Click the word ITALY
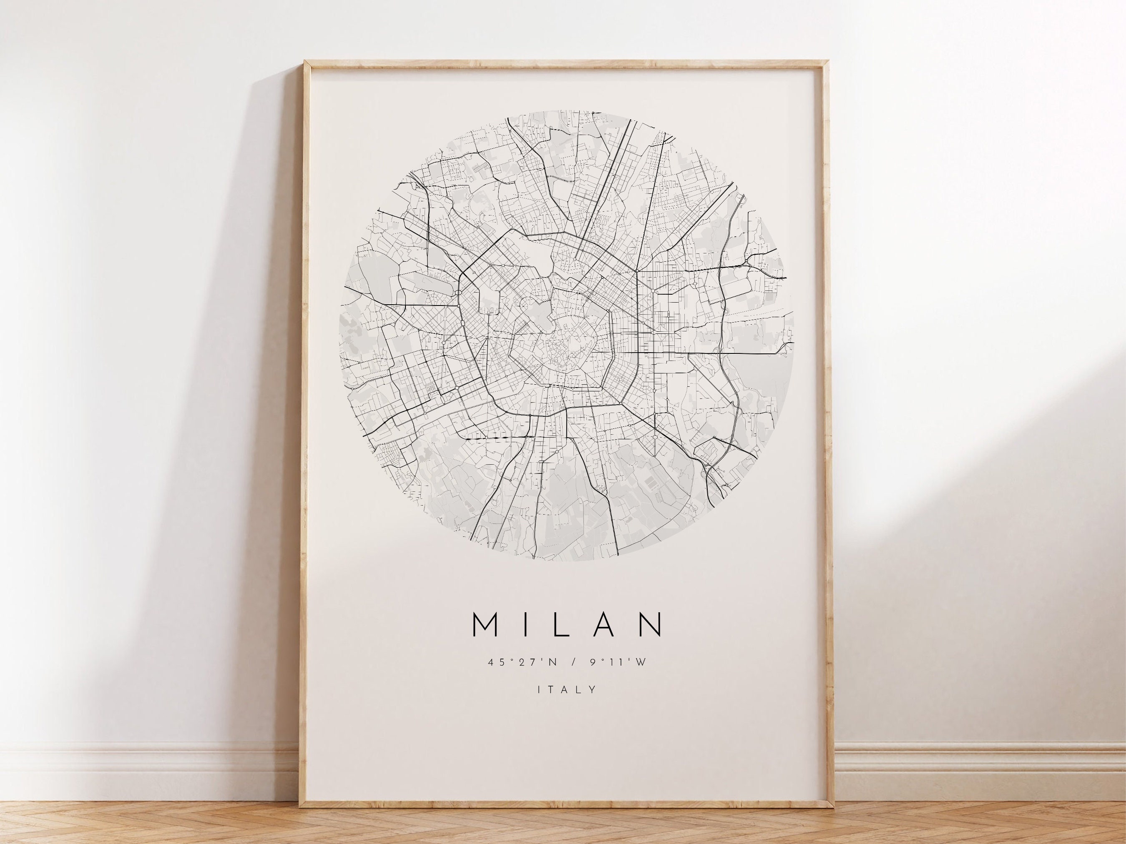pos(567,690)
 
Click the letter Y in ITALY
pos(593,690)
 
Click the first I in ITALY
pos(540,690)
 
